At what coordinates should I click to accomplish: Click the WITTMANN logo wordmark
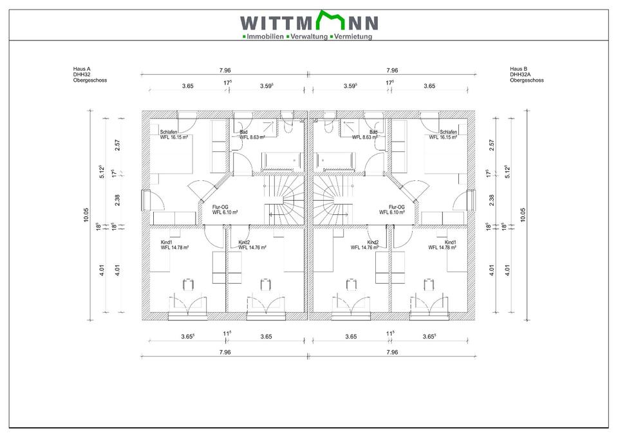point(309,23)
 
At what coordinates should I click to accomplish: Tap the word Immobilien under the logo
point(265,37)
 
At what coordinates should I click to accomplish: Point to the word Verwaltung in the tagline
point(309,37)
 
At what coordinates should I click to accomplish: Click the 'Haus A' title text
point(82,68)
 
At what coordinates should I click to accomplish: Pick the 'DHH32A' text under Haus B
point(520,74)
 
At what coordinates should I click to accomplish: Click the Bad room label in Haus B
point(373,132)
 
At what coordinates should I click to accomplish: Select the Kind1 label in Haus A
point(167,242)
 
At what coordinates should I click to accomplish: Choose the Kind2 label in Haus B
point(373,242)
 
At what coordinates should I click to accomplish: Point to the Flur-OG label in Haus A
point(221,207)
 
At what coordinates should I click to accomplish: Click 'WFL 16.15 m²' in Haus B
point(443,137)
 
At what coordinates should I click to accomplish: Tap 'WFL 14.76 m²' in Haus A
point(252,247)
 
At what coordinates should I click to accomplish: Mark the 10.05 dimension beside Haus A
point(86,214)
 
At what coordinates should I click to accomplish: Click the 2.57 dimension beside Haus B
point(492,145)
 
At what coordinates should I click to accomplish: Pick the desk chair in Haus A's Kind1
point(188,284)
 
